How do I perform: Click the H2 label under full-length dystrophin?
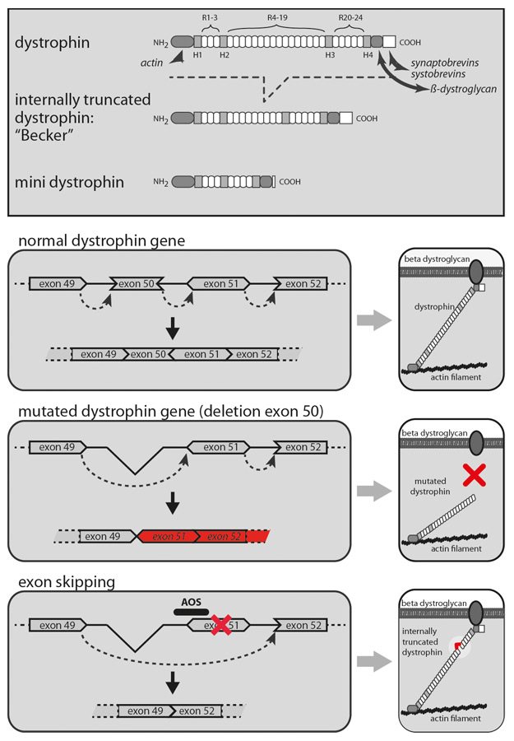pyautogui.click(x=224, y=55)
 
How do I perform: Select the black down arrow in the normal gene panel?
pyautogui.click(x=172, y=328)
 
